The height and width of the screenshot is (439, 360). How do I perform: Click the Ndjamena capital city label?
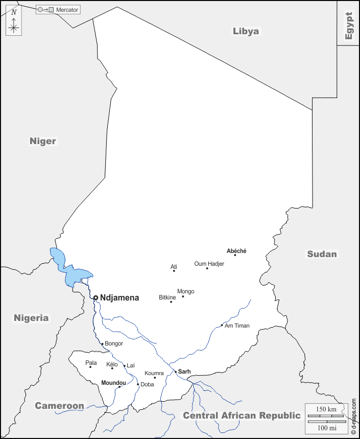119,297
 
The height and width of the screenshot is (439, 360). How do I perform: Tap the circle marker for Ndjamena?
95,297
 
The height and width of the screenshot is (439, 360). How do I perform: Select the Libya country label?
246,31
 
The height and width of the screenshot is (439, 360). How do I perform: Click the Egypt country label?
349,26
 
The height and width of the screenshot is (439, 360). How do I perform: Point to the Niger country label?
43,141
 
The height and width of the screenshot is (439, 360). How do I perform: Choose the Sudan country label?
322,254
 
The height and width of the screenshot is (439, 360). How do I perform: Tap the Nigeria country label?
31,318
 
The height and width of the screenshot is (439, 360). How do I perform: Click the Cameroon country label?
59,406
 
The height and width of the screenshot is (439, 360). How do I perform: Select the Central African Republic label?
242,415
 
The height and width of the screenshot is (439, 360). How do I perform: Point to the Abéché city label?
236,251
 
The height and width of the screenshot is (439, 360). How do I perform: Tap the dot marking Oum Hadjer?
207,268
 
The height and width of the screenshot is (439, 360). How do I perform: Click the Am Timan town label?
237,326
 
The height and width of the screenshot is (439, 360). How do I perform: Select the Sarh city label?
184,372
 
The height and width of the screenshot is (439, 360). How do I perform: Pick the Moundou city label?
113,383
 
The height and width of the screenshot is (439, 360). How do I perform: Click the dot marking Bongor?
102,344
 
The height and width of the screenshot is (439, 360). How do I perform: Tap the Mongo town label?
185,291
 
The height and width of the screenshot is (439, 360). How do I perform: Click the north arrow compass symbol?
14,22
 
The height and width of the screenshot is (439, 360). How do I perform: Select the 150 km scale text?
326,409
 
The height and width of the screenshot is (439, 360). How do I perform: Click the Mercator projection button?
58,10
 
